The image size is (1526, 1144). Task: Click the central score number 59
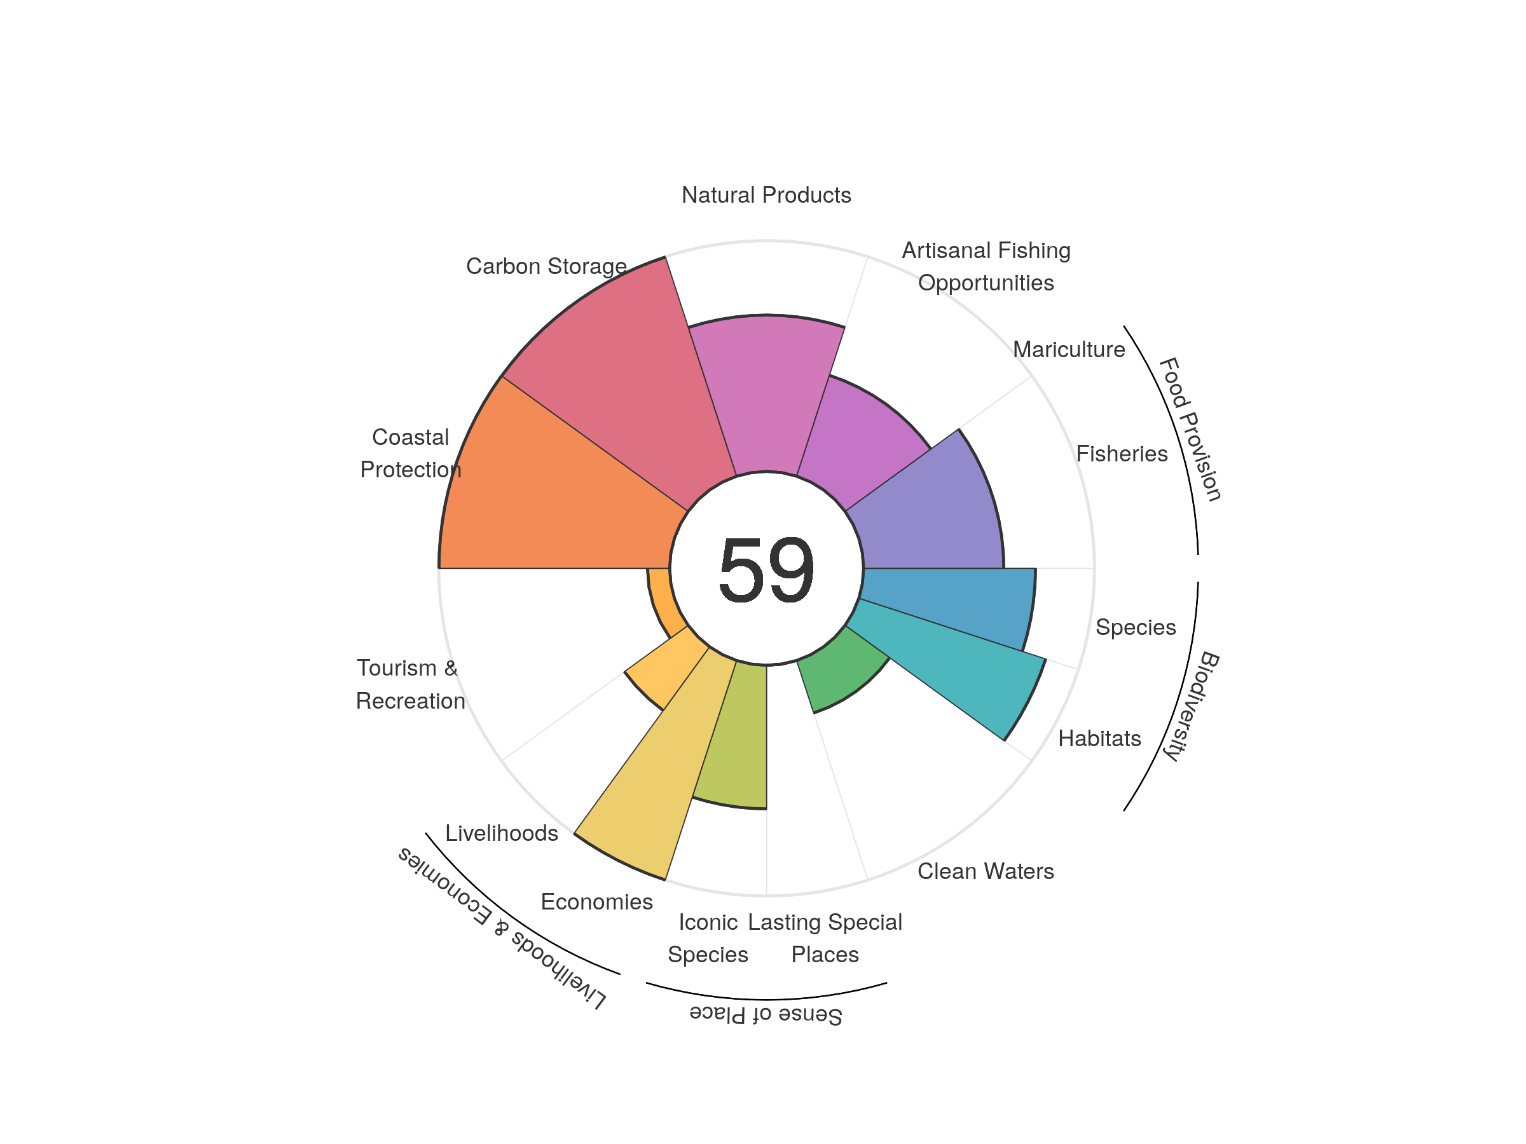pyautogui.click(x=766, y=569)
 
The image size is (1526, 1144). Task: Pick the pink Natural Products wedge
pyautogui.click(x=766, y=393)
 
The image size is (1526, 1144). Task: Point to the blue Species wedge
pyautogui.click(x=952, y=600)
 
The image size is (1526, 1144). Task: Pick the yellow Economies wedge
pyautogui.click(x=656, y=772)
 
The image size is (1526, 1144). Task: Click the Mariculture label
pyautogui.click(x=1069, y=350)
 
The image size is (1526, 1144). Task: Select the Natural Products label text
pyautogui.click(x=766, y=195)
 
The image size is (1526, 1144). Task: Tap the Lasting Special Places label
pyautogui.click(x=825, y=938)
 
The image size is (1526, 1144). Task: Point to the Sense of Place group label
pyautogui.click(x=766, y=1014)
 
